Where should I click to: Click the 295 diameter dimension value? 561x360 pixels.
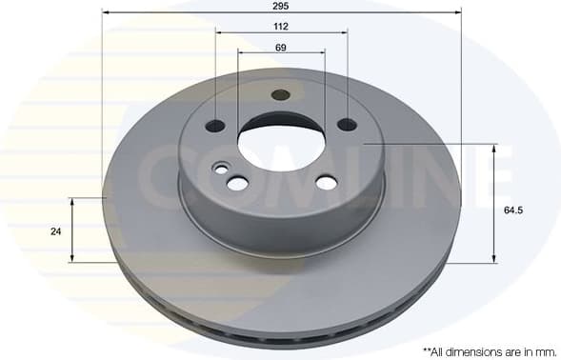[281, 6]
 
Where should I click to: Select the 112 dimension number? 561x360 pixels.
[281, 26]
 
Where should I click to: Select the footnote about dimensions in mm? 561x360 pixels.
[481, 351]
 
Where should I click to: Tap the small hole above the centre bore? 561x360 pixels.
[280, 95]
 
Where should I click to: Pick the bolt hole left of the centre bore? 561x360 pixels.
[217, 125]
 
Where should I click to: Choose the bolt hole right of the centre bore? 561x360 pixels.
[347, 124]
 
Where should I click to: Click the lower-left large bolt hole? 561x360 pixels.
[238, 182]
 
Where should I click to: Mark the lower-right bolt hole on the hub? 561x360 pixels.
[326, 182]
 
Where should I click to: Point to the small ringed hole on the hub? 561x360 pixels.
[222, 170]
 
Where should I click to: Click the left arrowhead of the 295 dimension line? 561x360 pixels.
[103, 13]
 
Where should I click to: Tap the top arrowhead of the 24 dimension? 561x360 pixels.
[73, 201]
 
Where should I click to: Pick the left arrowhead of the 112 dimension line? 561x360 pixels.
[219, 33]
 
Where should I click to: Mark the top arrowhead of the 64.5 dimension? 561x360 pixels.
[493, 148]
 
